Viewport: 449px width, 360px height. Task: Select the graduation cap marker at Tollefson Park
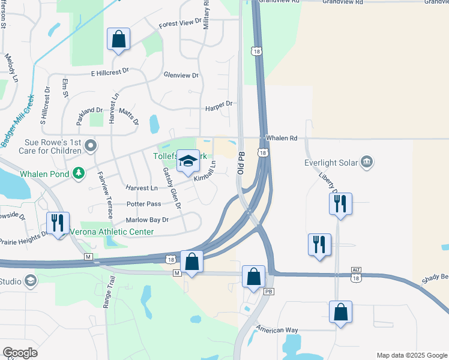click(x=188, y=160)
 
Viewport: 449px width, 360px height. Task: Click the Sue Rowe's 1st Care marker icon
click(x=91, y=145)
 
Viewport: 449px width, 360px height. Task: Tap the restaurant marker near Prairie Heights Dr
click(x=58, y=223)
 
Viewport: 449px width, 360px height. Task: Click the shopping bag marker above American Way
click(x=340, y=312)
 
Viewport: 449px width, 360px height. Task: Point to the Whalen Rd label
click(x=285, y=138)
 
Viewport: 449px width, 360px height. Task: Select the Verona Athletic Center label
click(x=112, y=232)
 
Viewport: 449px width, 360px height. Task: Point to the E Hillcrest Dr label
click(x=110, y=72)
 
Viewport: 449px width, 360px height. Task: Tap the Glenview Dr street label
click(x=181, y=75)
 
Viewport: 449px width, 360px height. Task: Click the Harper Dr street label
click(x=218, y=104)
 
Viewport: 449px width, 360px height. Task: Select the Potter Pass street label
click(x=143, y=204)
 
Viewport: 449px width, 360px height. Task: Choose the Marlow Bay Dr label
click(x=147, y=220)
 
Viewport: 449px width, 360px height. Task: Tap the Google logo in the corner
click(x=20, y=352)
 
